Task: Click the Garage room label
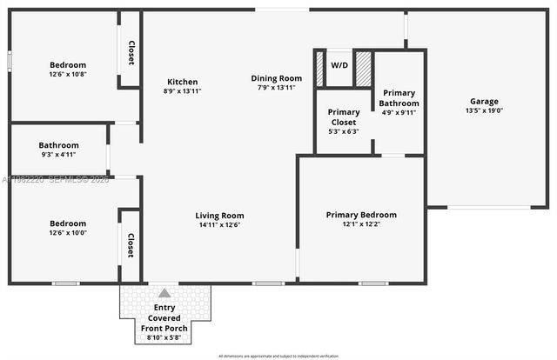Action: tap(485, 101)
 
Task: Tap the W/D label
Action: tap(339, 65)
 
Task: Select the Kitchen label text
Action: tap(183, 82)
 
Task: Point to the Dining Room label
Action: tap(277, 78)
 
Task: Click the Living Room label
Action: tap(219, 216)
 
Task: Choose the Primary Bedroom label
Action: tap(361, 215)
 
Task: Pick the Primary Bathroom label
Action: tap(399, 97)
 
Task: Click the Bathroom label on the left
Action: tap(59, 145)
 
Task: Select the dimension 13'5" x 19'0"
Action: tap(485, 110)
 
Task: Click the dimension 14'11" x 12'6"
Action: tap(219, 225)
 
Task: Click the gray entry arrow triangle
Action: tap(164, 293)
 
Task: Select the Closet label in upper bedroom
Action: tap(131, 54)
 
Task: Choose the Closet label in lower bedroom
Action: tap(131, 245)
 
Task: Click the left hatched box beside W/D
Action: tap(319, 69)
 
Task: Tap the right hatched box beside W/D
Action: tap(363, 69)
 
